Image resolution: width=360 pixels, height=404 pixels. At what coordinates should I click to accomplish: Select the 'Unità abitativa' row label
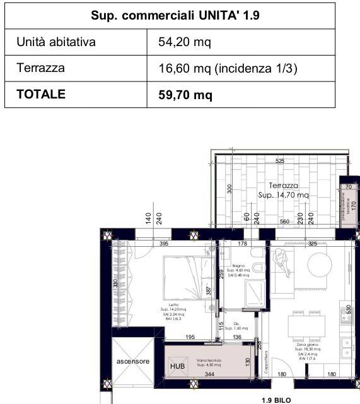pyautogui.click(x=55, y=42)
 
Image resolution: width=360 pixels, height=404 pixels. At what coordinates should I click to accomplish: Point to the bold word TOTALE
pyautogui.click(x=41, y=95)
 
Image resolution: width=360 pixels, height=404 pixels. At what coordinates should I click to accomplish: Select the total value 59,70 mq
pyautogui.click(x=185, y=95)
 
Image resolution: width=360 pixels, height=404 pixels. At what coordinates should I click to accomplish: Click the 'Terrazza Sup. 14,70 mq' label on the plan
pyautogui.click(x=283, y=191)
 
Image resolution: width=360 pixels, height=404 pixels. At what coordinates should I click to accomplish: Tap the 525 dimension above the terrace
pyautogui.click(x=280, y=161)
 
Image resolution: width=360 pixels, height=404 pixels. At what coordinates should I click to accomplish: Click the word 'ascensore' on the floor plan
pyautogui.click(x=132, y=361)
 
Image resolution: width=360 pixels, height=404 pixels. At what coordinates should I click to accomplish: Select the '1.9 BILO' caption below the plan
pyautogui.click(x=276, y=400)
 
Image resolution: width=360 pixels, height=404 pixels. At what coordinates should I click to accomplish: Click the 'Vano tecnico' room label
pyautogui.click(x=208, y=360)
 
